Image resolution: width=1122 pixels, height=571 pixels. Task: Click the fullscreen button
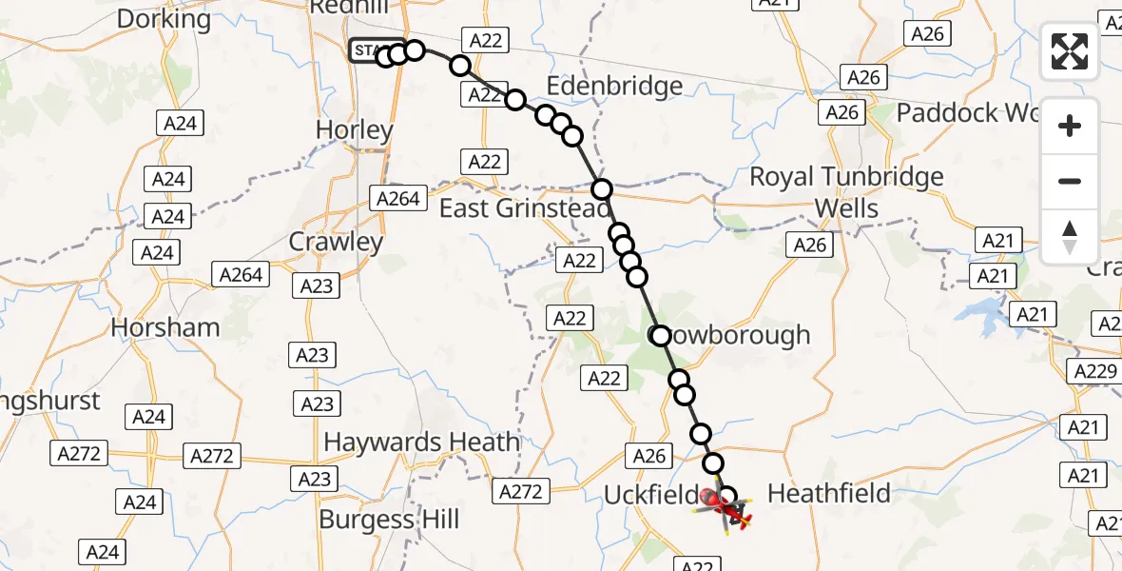[x=1070, y=50]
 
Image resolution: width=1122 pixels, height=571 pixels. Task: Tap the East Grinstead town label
[x=513, y=207]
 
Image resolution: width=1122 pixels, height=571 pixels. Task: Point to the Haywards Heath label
[x=421, y=443]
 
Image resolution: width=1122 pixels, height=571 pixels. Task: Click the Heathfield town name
[x=828, y=493]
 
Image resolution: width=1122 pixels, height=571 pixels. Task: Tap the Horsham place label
[x=165, y=327]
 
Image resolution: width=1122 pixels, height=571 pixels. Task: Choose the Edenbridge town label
[x=614, y=87]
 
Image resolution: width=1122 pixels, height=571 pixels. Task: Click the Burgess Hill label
[x=389, y=520]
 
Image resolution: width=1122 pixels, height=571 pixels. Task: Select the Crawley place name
[x=336, y=242]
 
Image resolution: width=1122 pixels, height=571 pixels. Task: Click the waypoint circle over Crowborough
[x=660, y=335]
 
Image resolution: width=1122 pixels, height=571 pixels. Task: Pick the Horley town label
[x=354, y=130]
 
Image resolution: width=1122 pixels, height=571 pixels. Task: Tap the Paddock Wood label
[x=960, y=113]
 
